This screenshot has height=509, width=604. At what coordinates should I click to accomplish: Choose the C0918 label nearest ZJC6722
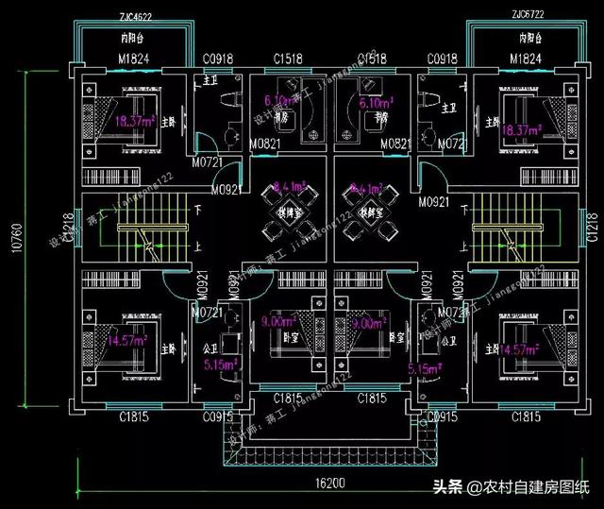pos(442,60)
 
